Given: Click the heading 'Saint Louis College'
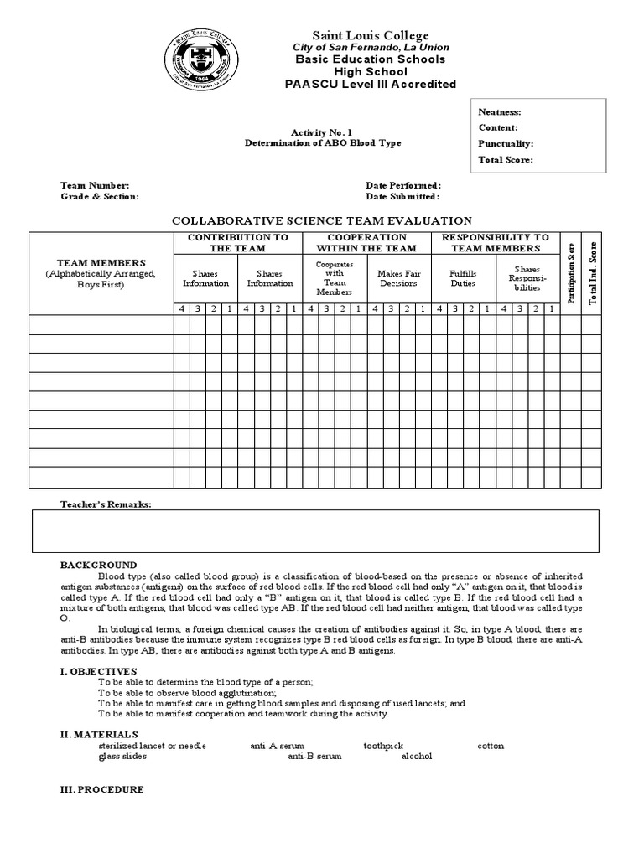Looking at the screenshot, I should [x=370, y=35].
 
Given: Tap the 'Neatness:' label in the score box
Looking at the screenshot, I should [x=500, y=112].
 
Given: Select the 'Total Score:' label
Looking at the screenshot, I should [x=506, y=160].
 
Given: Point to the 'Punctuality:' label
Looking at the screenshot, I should [x=506, y=144].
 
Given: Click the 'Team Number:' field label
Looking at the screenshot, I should [x=95, y=185].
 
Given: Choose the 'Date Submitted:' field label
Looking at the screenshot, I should [x=402, y=196].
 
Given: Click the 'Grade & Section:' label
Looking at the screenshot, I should [x=100, y=196].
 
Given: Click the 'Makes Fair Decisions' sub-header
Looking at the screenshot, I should [x=398, y=278].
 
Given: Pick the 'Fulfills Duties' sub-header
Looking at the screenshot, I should [x=462, y=278].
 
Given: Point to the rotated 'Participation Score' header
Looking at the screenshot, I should [x=570, y=273].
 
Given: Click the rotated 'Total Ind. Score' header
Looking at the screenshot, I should [x=592, y=272].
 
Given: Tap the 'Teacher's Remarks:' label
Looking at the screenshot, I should [x=106, y=505].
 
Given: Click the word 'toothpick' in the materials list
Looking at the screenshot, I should [x=383, y=745].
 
